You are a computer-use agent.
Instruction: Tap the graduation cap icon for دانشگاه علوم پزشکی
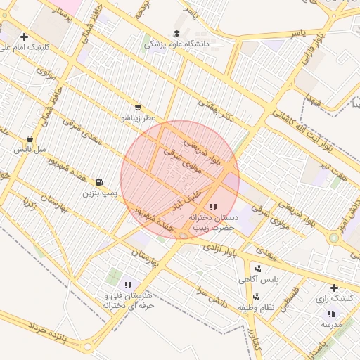pos(176,33)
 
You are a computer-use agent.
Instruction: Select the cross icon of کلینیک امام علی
pos(25,37)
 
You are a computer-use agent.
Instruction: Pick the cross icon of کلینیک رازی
pos(334,288)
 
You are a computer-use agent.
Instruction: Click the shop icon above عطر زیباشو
pos(137,108)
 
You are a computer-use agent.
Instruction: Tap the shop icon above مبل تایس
pos(29,139)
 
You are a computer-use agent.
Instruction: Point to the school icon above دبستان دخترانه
pos(213,207)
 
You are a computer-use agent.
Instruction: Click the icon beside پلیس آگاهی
pos(258,268)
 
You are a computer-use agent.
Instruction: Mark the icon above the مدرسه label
pos(330,314)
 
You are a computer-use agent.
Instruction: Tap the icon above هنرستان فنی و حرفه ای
pos(127,285)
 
